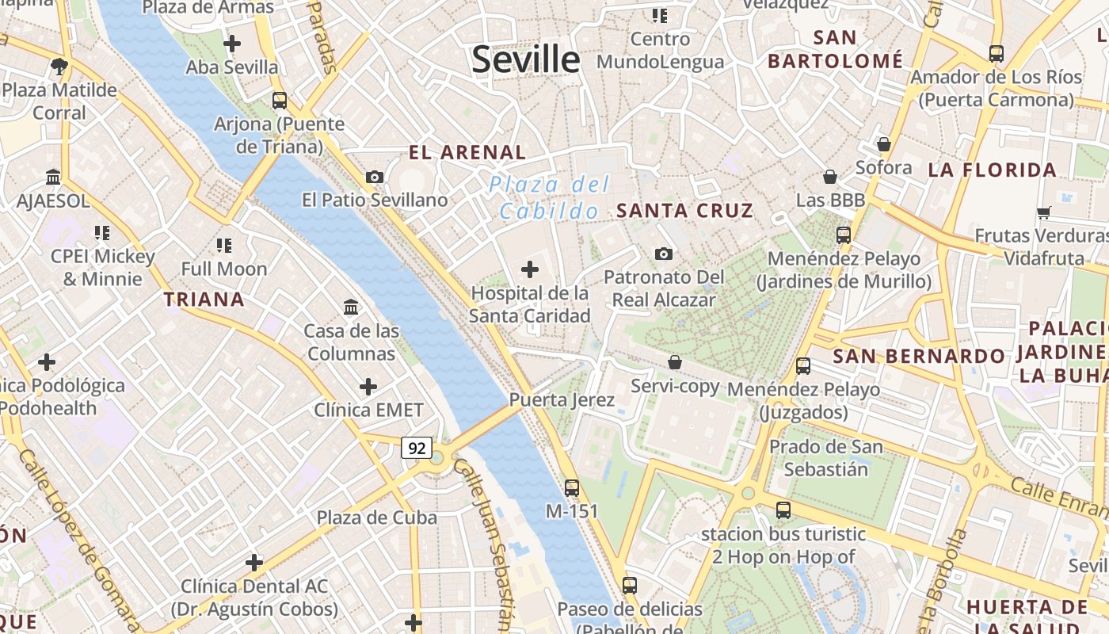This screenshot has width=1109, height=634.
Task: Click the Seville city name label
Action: pyautogui.click(x=526, y=60)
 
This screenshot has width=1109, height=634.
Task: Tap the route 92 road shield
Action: pyautogui.click(x=416, y=448)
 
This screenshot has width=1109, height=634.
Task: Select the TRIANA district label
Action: pyautogui.click(x=204, y=300)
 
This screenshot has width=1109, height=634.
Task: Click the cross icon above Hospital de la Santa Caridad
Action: pyautogui.click(x=529, y=269)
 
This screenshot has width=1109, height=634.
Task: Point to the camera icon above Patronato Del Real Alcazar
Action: pyautogui.click(x=664, y=254)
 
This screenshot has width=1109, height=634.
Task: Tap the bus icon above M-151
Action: pyautogui.click(x=572, y=488)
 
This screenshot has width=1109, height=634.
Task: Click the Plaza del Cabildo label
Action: pyautogui.click(x=549, y=198)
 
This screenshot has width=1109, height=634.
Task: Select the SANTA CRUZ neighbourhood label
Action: pyautogui.click(x=685, y=211)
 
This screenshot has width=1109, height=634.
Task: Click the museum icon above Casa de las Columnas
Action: pyautogui.click(x=351, y=307)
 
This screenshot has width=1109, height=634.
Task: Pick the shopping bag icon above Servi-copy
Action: pyautogui.click(x=675, y=362)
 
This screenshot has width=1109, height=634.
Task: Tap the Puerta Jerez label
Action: pyautogui.click(x=562, y=400)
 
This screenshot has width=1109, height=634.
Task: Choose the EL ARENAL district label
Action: pyautogui.click(x=467, y=153)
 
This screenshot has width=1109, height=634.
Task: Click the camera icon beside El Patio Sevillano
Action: pyautogui.click(x=375, y=177)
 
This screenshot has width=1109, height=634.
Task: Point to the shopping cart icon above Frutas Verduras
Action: pyautogui.click(x=1043, y=212)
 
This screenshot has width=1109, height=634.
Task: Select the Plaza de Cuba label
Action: pyautogui.click(x=377, y=518)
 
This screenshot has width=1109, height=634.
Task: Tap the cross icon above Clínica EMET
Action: pyautogui.click(x=368, y=387)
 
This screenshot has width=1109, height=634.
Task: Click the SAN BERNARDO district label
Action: pyautogui.click(x=919, y=357)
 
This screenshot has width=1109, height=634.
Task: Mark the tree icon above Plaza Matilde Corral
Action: pyautogui.click(x=59, y=66)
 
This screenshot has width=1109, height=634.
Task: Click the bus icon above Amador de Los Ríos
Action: pyautogui.click(x=997, y=54)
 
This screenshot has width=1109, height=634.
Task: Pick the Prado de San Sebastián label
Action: pyautogui.click(x=826, y=458)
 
